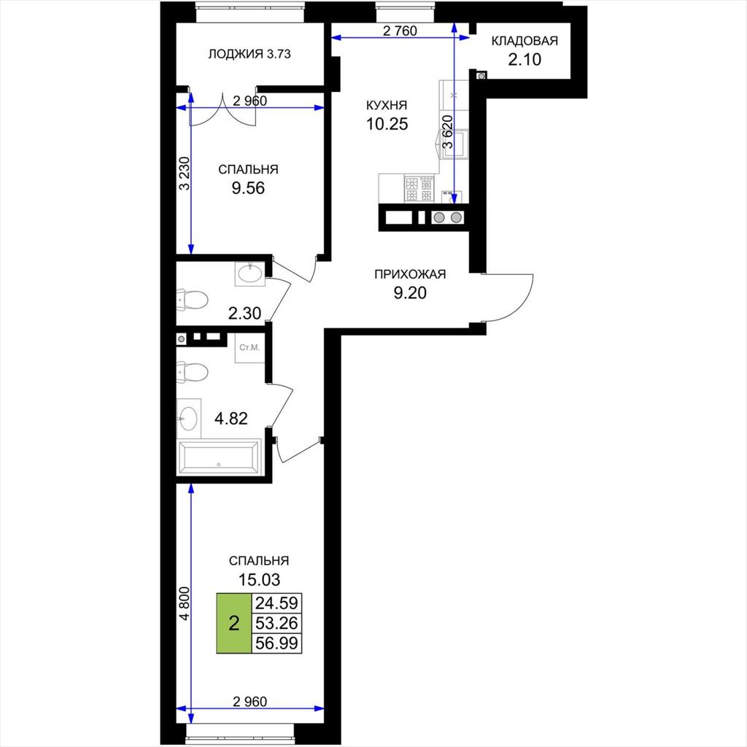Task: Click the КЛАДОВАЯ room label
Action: click(x=524, y=41)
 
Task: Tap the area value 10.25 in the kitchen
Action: click(x=387, y=124)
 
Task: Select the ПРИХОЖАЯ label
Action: click(x=410, y=274)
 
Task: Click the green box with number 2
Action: click(x=233, y=623)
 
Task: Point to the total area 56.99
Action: click(x=276, y=643)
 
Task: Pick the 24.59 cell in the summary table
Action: click(x=276, y=603)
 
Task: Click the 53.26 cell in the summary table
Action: click(x=276, y=623)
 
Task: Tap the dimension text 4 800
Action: click(x=185, y=603)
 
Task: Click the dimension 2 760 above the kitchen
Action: click(x=400, y=31)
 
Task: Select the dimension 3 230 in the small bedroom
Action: click(x=185, y=174)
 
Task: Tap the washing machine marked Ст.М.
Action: click(x=249, y=348)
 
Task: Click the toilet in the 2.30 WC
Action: click(x=192, y=300)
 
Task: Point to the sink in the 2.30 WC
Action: click(x=249, y=274)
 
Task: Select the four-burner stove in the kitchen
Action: click(x=419, y=189)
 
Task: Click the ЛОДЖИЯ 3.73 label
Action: click(x=249, y=54)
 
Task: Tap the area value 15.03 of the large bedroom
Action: click(x=259, y=580)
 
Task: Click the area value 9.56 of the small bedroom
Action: click(x=248, y=188)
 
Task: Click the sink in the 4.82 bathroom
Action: click(x=189, y=419)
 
